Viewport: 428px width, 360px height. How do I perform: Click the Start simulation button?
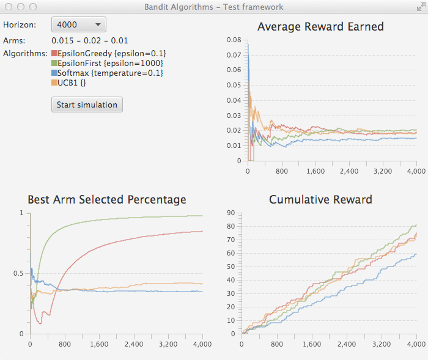87,105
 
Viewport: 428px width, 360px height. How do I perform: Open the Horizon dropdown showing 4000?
79,24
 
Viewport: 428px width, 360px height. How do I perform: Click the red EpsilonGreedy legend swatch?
54,54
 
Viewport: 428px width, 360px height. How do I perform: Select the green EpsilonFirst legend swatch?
54,64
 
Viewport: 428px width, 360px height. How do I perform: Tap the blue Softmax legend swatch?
54,73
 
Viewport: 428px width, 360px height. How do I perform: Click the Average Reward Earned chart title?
320,27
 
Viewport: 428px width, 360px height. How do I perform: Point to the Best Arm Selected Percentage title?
107,200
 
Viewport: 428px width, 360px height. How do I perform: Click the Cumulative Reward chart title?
320,200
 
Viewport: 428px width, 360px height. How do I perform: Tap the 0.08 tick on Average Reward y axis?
233,40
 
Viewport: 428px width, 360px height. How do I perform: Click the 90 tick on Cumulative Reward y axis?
231,213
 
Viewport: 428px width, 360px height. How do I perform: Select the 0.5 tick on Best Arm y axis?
18,273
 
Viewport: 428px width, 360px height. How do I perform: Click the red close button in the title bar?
9,7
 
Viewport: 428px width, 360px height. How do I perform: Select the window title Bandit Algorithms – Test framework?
213,7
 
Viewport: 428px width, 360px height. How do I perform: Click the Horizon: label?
20,25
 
